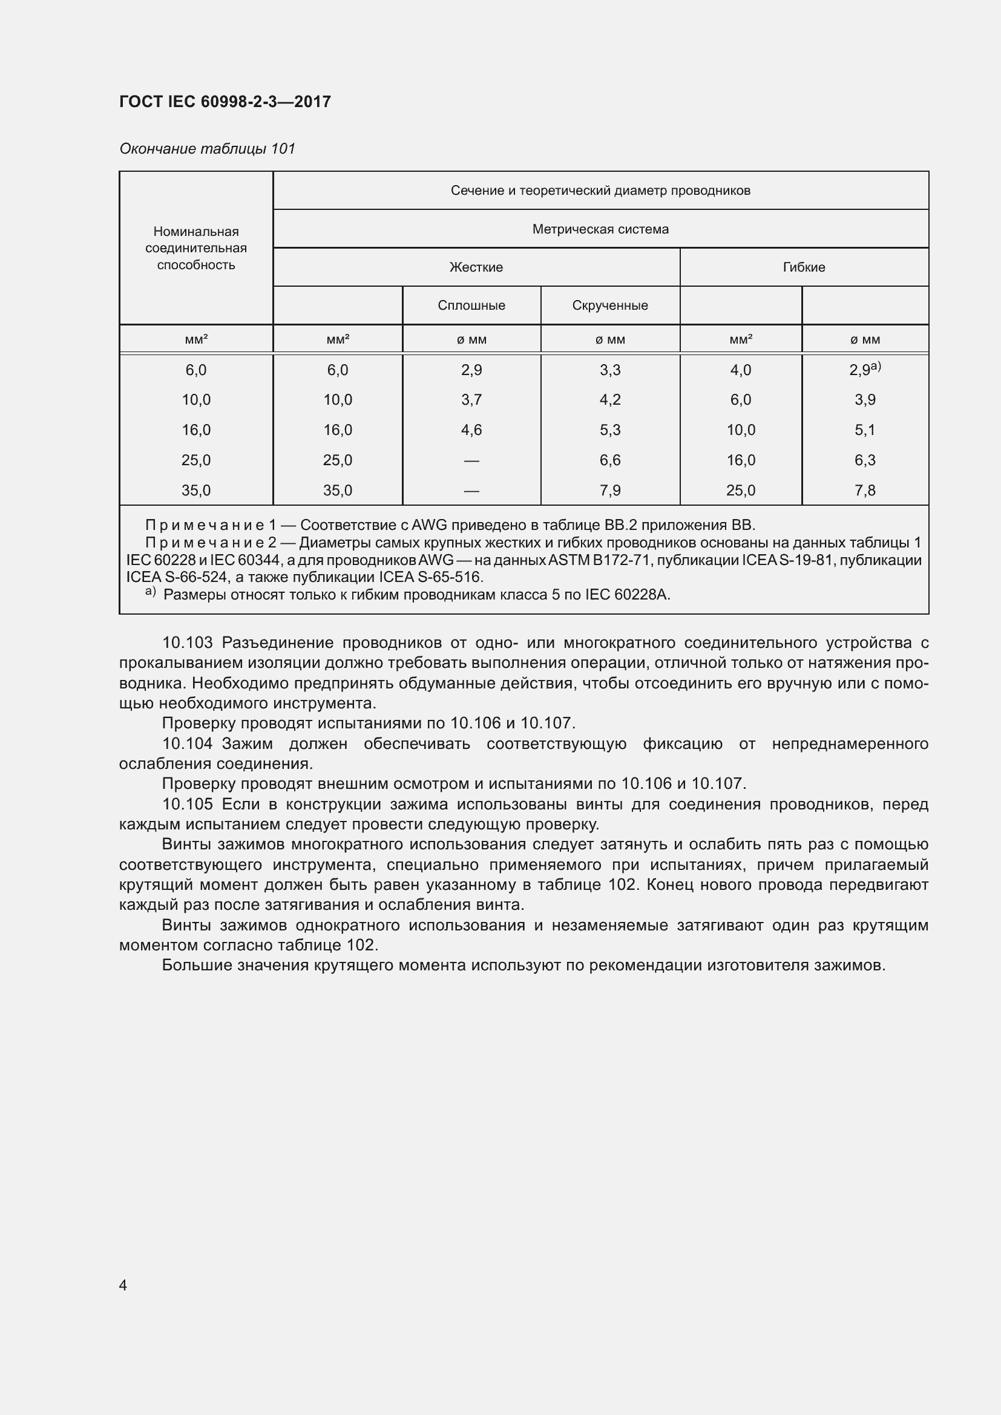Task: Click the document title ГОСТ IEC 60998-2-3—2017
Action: point(225,102)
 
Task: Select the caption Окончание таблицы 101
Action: point(207,149)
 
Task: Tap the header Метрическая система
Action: point(600,229)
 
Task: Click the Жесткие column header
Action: point(476,267)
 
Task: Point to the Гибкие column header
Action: point(804,267)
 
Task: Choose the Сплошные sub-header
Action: point(471,306)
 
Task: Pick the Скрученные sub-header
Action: point(609,306)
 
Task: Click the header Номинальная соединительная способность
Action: point(196,249)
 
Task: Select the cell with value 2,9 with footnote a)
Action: point(864,370)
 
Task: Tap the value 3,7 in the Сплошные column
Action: point(471,400)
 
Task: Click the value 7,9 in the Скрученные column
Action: point(609,491)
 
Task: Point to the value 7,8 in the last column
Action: point(865,491)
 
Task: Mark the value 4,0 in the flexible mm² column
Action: point(740,370)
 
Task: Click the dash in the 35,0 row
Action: point(471,491)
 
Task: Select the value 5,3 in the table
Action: point(609,430)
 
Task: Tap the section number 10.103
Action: point(187,643)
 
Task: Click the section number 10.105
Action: point(187,804)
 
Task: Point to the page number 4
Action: point(123,1285)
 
